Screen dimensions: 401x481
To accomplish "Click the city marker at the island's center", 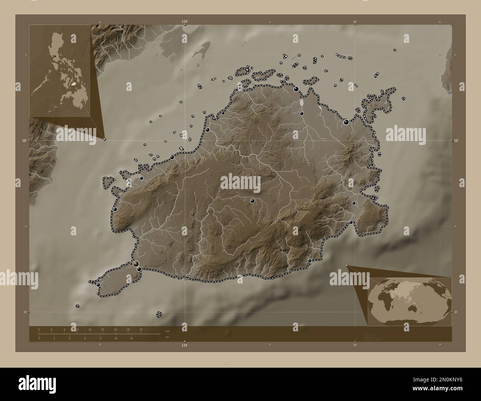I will [252, 201].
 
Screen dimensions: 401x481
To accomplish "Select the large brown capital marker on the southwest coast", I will [137, 263].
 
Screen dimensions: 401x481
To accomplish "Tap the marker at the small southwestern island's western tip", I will [98, 284].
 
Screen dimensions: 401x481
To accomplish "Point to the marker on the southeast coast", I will [310, 261].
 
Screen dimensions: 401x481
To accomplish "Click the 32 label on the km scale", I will [141, 329].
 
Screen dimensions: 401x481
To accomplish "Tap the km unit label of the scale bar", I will [167, 331].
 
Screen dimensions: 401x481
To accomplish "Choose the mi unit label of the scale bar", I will [167, 337].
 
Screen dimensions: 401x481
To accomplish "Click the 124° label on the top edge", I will [185, 22].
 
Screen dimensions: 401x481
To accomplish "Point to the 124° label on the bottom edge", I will [185, 345].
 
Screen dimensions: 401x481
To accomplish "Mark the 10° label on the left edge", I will [24, 141].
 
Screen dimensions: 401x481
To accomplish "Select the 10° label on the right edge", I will [456, 141].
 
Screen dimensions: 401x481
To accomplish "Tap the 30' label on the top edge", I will [355, 22].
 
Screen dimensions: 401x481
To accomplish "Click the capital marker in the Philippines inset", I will [55, 56].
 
